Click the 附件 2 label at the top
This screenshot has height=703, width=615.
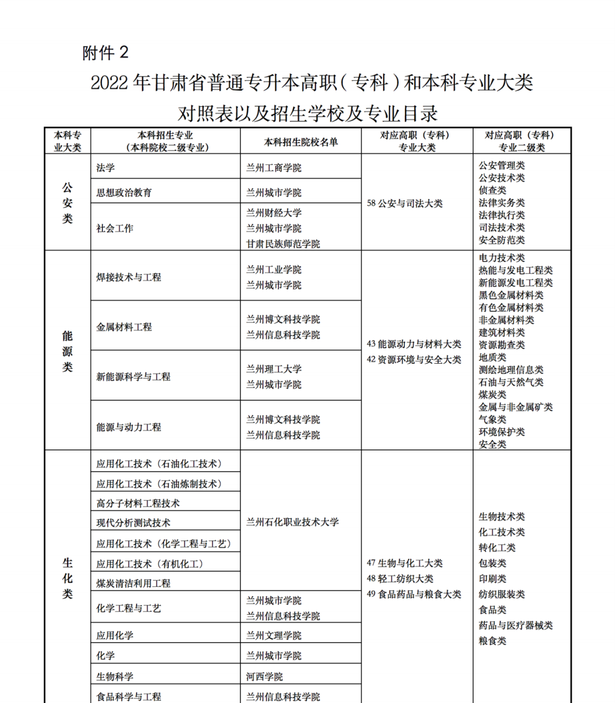(x=105, y=53)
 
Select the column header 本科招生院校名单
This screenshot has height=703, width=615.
(x=301, y=142)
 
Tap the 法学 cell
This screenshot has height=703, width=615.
(x=105, y=168)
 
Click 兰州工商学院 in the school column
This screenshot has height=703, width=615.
(x=274, y=168)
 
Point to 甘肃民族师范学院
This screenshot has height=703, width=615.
(x=283, y=243)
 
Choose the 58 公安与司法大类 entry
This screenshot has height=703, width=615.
(x=405, y=204)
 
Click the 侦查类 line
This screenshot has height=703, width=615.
(x=493, y=190)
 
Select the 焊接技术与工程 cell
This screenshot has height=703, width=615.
(x=129, y=277)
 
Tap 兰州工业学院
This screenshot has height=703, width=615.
(x=274, y=270)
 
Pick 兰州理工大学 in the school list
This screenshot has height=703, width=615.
(x=274, y=369)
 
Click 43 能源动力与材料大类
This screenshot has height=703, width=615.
(x=414, y=344)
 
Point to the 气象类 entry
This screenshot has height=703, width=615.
(x=493, y=420)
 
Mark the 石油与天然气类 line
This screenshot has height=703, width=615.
(x=511, y=382)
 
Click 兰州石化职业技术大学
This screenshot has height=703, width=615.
(x=292, y=522)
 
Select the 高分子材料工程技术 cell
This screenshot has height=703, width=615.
(x=138, y=503)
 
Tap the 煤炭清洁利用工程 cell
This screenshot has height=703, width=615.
(x=133, y=583)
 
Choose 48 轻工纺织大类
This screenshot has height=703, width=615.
(x=400, y=579)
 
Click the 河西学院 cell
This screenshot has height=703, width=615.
(x=264, y=677)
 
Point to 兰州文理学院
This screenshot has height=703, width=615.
(x=274, y=635)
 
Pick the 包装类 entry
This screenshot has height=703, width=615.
(x=493, y=563)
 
